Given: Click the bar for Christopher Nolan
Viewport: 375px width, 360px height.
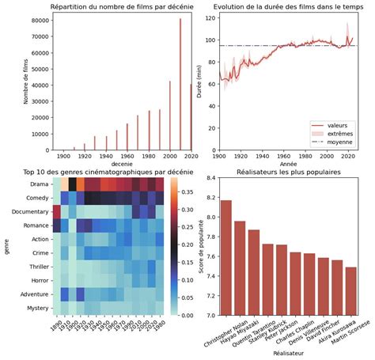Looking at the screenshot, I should (x=225, y=257).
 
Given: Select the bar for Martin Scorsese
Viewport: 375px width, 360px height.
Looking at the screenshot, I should (x=350, y=291).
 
